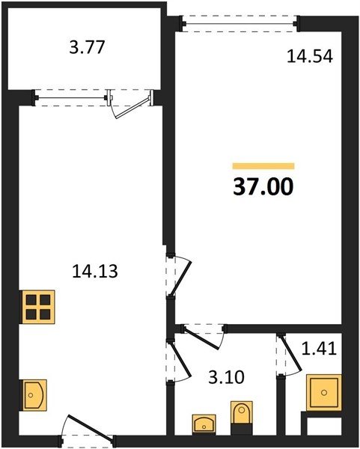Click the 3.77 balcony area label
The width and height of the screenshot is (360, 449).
click(87, 47)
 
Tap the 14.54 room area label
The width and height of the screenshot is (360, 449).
click(310, 56)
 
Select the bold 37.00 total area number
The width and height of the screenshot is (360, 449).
click(263, 186)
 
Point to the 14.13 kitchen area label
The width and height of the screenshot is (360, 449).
click(95, 271)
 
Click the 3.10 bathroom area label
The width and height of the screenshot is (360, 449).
click(226, 377)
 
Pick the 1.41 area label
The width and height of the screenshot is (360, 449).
click(319, 349)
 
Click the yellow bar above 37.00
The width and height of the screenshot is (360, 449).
click(263, 166)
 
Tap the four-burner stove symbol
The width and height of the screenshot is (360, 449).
click(38, 307)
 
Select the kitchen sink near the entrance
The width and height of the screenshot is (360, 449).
click(33, 395)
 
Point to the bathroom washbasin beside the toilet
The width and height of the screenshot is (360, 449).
click(204, 423)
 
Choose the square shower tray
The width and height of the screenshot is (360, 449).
click(324, 393)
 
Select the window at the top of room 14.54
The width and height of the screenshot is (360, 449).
click(240, 24)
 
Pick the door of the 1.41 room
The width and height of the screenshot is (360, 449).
click(290, 355)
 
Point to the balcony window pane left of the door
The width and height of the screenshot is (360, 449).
click(72, 98)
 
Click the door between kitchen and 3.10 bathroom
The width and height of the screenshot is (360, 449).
click(180, 361)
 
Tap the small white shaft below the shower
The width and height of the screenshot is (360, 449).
click(324, 427)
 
